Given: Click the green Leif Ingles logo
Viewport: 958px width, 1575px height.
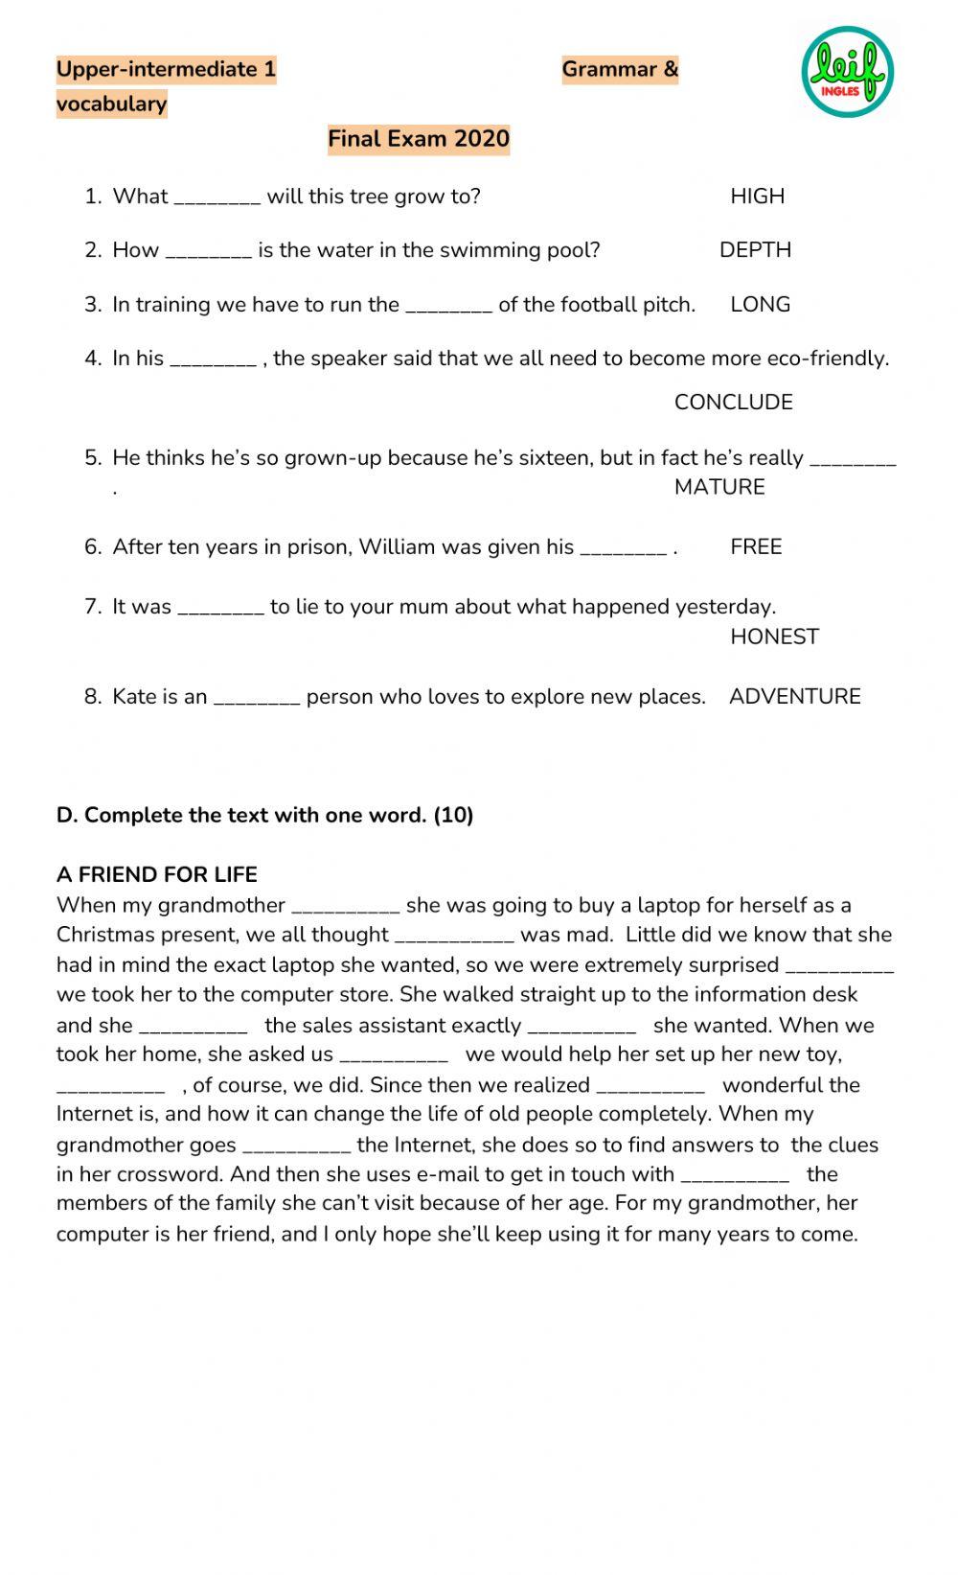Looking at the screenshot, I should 847,72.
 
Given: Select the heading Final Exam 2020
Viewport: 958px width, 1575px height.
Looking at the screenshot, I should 419,139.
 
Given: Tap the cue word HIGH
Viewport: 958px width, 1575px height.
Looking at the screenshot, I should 757,197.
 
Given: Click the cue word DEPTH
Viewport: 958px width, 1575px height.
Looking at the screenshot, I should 755,250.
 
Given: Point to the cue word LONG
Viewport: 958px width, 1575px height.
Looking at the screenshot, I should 760,305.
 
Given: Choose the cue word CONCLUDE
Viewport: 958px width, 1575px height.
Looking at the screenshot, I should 733,403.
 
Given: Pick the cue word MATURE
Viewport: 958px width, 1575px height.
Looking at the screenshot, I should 719,487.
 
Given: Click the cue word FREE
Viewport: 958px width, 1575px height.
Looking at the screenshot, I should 756,547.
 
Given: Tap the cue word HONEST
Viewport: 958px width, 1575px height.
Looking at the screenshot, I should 774,637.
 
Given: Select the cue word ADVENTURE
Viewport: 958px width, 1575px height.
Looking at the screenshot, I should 794,697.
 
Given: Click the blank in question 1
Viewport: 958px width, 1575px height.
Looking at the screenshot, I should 217,201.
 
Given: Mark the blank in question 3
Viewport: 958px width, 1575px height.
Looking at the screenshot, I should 449,310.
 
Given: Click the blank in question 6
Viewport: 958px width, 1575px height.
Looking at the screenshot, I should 624,552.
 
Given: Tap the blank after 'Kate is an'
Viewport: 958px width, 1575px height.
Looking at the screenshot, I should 257,702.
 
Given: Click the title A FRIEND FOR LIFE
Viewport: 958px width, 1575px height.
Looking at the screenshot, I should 157,874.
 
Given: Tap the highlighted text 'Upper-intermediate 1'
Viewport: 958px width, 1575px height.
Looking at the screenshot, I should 166,70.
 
